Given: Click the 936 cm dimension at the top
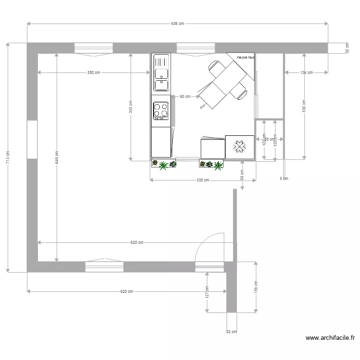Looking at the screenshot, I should [x=177, y=24].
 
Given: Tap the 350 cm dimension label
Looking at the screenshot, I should [x=94, y=73].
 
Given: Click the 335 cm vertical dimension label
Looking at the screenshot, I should [x=131, y=107].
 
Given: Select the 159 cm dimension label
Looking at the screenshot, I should [x=256, y=287].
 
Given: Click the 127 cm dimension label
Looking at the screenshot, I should [x=207, y=292].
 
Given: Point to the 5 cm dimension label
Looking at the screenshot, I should [x=284, y=179].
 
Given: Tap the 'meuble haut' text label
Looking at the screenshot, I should [x=245, y=57].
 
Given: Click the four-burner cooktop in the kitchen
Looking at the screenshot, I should [x=161, y=110].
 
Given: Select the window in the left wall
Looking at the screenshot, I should [x=32, y=139].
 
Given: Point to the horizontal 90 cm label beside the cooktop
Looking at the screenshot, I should [x=185, y=96].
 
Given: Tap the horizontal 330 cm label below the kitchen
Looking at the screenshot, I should [x=203, y=180].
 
